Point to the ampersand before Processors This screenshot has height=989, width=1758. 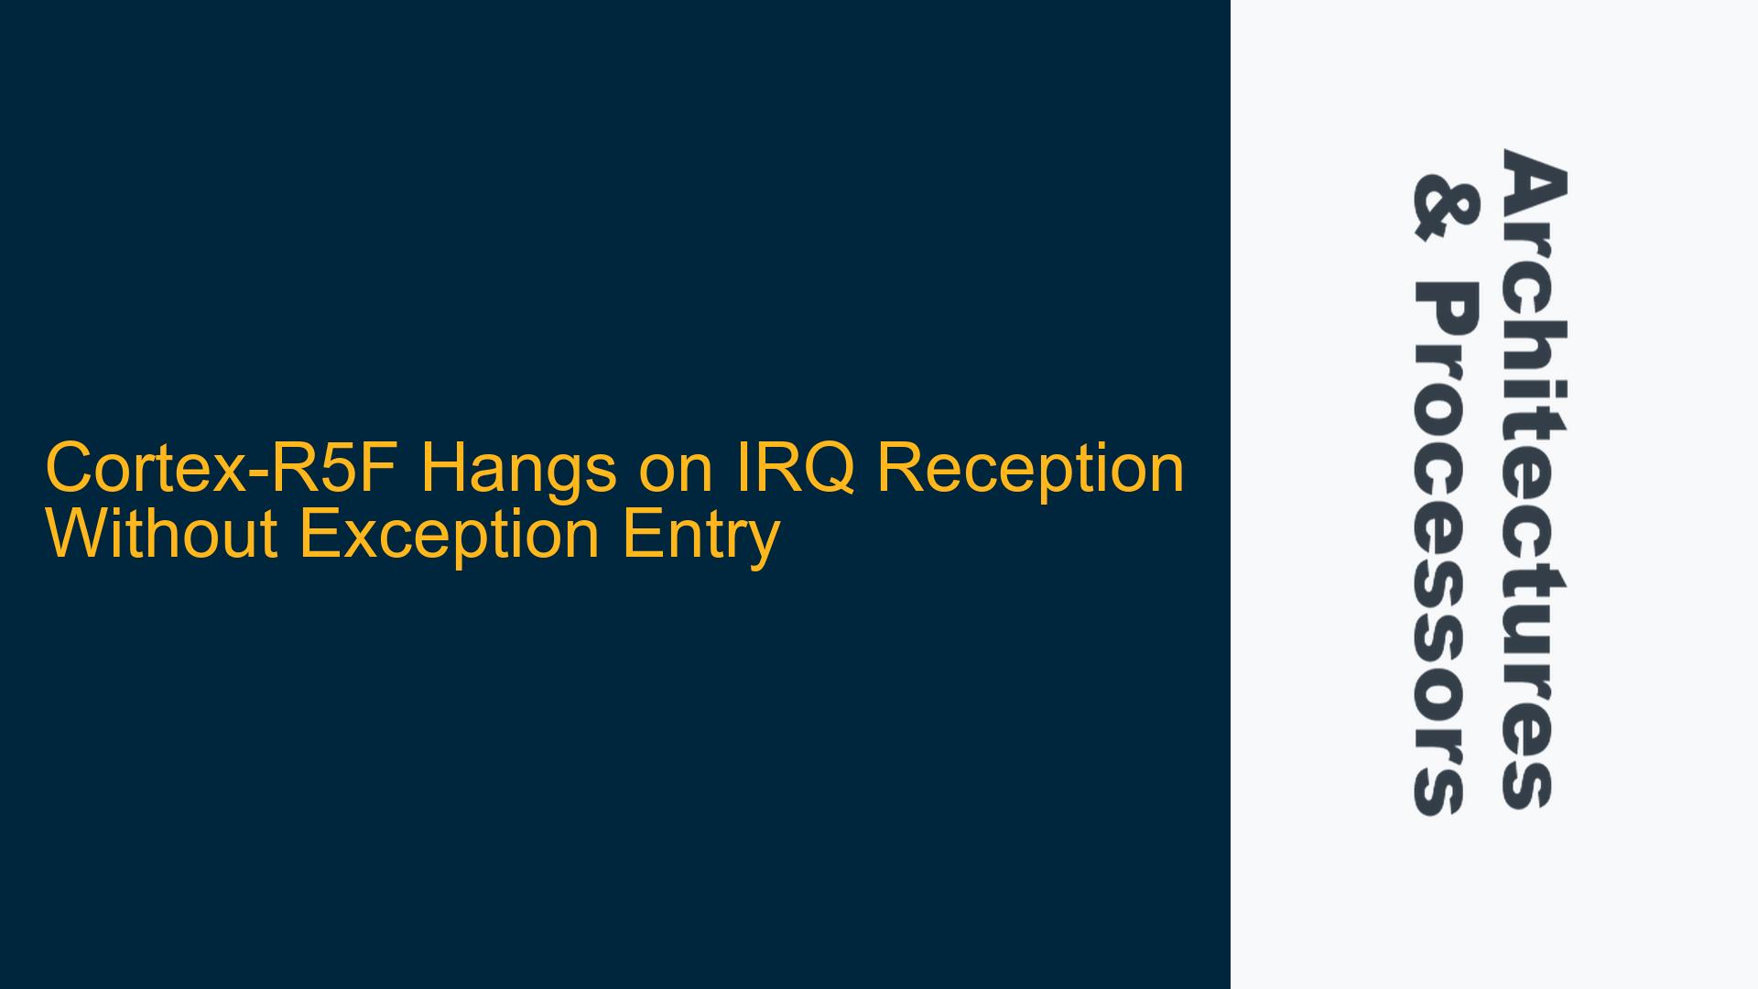1443,209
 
